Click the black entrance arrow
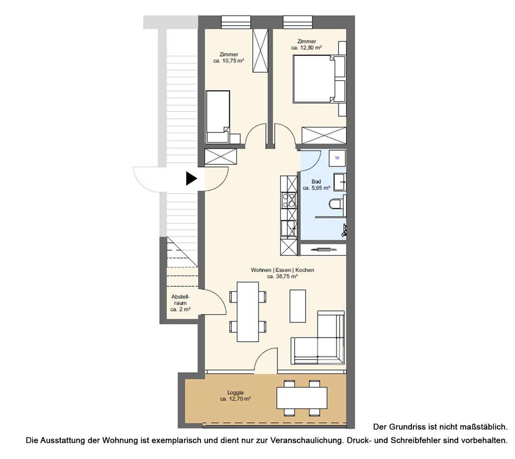tap(191, 178)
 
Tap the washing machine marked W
tap(337, 158)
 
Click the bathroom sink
tap(340, 182)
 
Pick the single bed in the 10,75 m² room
tap(218, 117)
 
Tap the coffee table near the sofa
tap(297, 306)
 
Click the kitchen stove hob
tap(289, 200)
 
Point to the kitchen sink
tap(289, 228)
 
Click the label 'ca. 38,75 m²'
tap(282, 276)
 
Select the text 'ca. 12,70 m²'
tap(235, 399)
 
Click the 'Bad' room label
tap(316, 181)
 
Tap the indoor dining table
tap(248, 312)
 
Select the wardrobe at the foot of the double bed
tap(324, 135)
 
